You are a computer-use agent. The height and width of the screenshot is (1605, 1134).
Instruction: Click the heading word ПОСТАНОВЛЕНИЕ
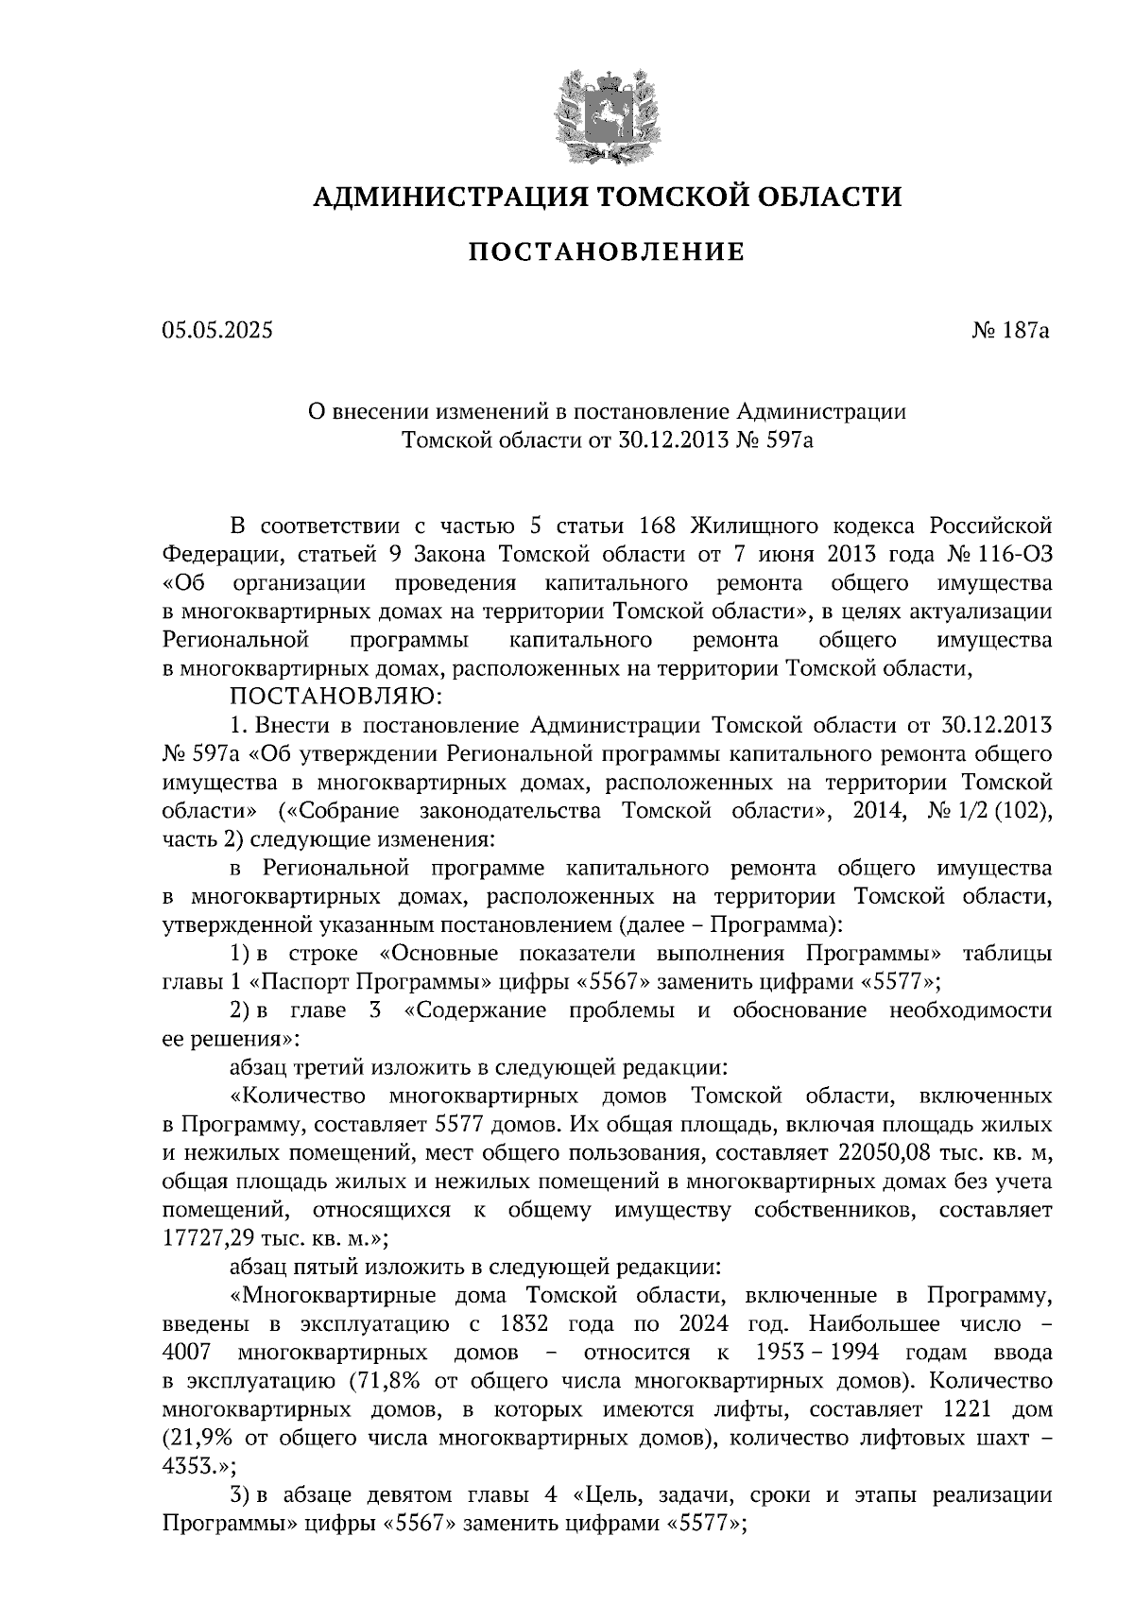607,252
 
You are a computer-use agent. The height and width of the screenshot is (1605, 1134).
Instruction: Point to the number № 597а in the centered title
775,440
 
